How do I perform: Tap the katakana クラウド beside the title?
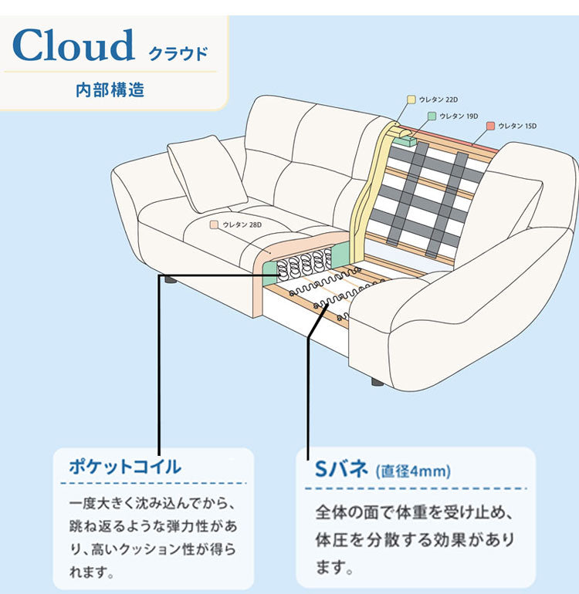[x=177, y=54]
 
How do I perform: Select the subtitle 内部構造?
[x=110, y=89]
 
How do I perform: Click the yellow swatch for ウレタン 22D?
[x=411, y=100]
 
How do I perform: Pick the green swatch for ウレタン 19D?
[x=432, y=116]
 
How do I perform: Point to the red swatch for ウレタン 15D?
[x=490, y=125]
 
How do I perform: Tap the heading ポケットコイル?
[x=125, y=467]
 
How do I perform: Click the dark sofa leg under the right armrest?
[x=376, y=381]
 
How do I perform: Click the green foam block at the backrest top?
[x=404, y=140]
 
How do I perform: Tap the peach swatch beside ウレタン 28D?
[x=215, y=224]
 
